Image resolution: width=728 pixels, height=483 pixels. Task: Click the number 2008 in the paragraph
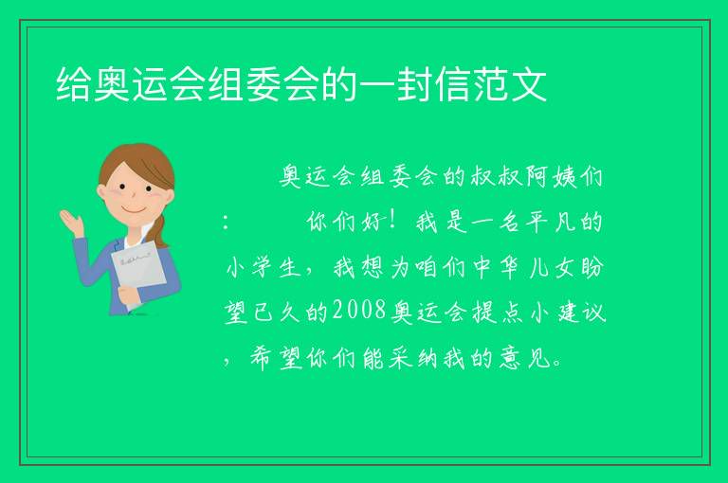pos(359,310)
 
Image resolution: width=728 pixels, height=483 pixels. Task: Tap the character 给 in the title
pos(74,84)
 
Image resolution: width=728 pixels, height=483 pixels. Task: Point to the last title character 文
pos(529,84)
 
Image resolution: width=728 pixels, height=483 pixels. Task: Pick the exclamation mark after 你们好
pos(392,221)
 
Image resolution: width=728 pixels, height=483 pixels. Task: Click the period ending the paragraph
pos(558,364)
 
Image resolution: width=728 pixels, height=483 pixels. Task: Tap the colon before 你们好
pos(226,223)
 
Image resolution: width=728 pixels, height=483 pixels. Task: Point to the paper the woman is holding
pos(137,273)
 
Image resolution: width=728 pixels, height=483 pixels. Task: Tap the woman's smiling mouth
pos(135,209)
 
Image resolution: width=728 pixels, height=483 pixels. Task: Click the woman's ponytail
pos(159,230)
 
